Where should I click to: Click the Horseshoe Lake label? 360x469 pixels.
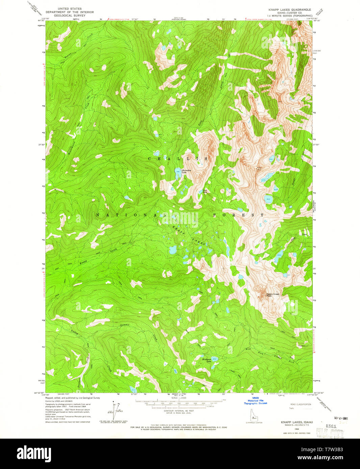(x=187, y=171)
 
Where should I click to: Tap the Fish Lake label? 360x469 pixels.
(x=205, y=192)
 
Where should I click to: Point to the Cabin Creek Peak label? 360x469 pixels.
(x=273, y=295)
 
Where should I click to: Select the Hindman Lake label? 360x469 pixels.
(x=206, y=360)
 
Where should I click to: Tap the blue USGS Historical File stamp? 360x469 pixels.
(x=255, y=401)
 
